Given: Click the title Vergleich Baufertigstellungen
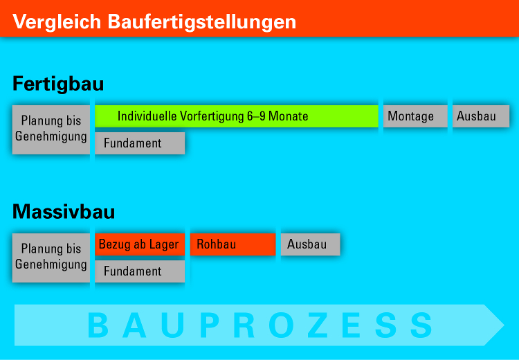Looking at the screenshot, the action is click(154, 22).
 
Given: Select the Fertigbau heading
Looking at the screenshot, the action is click(58, 84).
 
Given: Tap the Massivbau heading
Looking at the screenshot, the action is click(64, 211).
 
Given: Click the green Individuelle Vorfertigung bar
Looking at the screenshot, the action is click(237, 116).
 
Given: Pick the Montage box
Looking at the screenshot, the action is click(415, 116).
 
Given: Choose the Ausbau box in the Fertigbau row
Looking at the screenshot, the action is click(481, 116).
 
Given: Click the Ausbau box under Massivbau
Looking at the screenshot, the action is click(311, 244).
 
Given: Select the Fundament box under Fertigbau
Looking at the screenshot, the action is click(140, 143).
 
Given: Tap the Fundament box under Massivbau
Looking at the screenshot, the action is click(140, 271).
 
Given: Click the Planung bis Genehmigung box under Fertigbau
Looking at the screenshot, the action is click(51, 129).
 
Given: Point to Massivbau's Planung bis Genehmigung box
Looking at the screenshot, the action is click(51, 258).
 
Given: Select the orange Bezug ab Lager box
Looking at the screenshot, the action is click(140, 244).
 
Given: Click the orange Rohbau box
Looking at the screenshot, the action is click(233, 244).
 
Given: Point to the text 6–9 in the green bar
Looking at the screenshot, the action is click(256, 116).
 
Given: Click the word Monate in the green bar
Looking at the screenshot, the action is click(289, 116).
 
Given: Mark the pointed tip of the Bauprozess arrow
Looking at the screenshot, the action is click(504, 325).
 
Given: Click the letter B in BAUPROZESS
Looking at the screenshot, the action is click(98, 325).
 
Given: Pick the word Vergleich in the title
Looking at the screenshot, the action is click(57, 23).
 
